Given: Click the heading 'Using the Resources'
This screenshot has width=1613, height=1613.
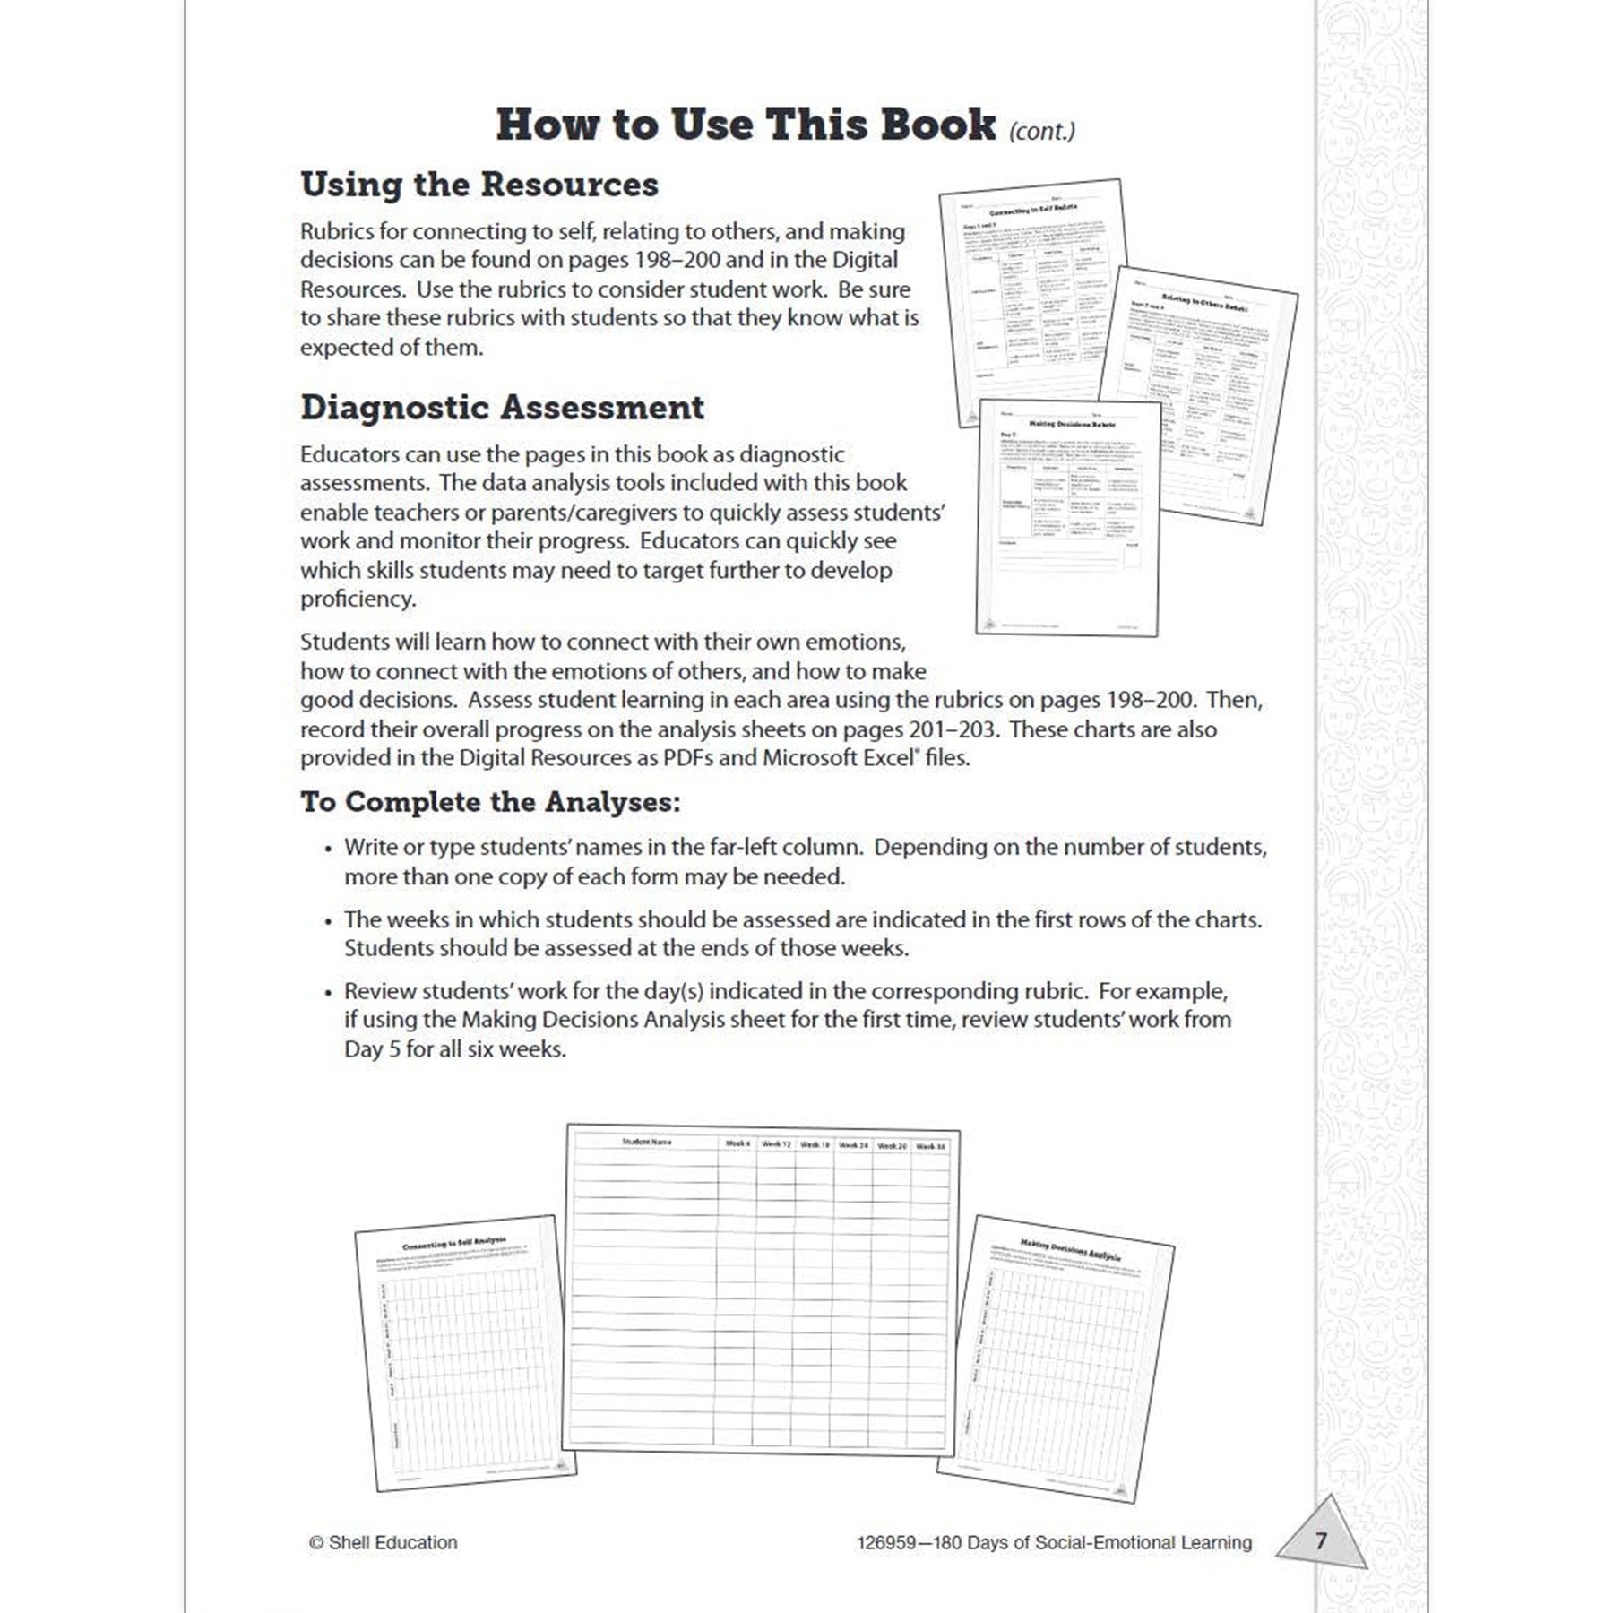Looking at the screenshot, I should click(x=479, y=185).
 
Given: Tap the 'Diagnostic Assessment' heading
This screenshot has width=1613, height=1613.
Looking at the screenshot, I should click(x=502, y=408).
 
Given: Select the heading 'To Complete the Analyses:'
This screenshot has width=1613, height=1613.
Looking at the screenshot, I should click(x=490, y=802).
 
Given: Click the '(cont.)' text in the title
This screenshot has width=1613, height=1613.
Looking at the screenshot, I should click(x=1041, y=132).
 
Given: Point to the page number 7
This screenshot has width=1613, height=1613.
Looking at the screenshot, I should click(x=1320, y=1540).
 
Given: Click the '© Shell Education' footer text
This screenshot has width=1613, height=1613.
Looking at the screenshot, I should click(x=384, y=1542).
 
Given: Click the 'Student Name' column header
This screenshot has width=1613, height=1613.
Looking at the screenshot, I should click(x=646, y=1142).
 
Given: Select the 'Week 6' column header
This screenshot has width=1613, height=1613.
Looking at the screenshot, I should click(x=737, y=1144).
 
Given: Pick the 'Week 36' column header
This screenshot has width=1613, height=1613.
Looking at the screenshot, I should click(x=930, y=1146).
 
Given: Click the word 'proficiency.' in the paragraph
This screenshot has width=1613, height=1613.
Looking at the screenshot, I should click(x=358, y=599).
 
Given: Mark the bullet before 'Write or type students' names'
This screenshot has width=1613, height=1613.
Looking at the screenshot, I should click(x=328, y=849).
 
